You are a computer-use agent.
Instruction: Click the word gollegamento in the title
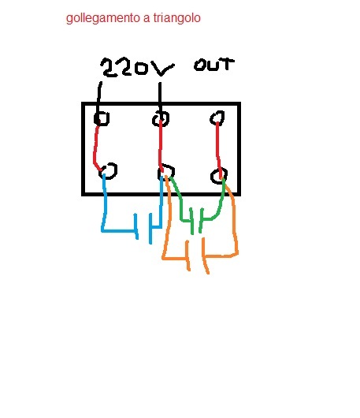tap(103, 19)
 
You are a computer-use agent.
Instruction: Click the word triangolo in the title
tap(176, 18)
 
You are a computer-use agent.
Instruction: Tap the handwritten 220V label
tap(137, 67)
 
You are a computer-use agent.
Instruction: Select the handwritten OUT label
tap(214, 65)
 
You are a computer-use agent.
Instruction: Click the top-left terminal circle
tap(95, 118)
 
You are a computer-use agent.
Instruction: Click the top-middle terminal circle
tap(153, 119)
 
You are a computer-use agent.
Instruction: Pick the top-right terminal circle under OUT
tap(211, 118)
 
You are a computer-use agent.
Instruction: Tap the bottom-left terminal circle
tap(116, 170)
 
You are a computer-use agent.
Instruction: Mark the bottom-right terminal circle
tap(212, 176)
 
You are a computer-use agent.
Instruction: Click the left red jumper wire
tap(95, 148)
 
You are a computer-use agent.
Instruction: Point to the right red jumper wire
tap(219, 151)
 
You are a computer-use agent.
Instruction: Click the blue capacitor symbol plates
tap(143, 228)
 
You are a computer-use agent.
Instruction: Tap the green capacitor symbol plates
tap(196, 222)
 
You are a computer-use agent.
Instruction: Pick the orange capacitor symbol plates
tap(198, 256)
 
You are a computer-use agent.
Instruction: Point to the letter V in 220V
tap(162, 69)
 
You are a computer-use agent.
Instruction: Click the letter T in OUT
tap(227, 64)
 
